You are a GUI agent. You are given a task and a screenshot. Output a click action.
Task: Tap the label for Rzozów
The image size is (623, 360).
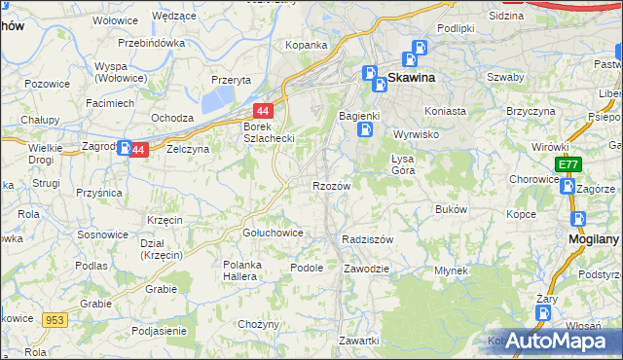coord(331,184)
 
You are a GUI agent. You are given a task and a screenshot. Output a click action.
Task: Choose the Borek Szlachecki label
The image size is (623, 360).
coord(269,131)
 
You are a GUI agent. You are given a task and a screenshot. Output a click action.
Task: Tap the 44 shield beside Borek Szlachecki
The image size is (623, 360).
coord(262,111)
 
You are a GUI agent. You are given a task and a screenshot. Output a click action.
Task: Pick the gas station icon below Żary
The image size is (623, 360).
coord(543,314)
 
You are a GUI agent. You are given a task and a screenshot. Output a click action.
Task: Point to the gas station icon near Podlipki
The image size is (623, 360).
coord(420,48)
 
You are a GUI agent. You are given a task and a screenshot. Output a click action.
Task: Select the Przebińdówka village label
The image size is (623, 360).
coord(151,43)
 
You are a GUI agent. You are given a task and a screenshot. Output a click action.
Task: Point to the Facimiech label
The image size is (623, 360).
coord(109,102)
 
